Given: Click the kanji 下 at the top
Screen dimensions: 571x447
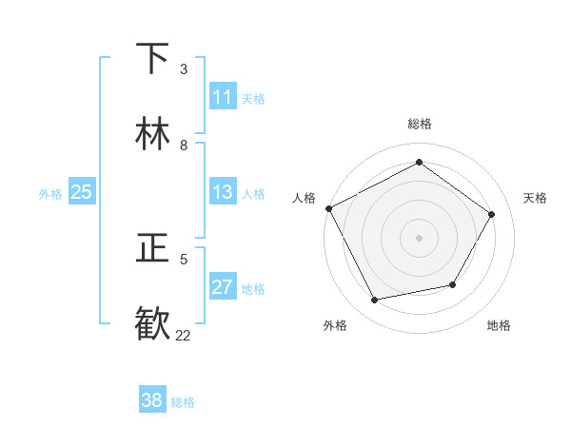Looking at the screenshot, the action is (153, 58).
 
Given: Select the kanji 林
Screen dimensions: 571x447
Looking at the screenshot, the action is (153, 134).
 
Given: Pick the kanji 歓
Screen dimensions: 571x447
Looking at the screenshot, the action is (153, 323).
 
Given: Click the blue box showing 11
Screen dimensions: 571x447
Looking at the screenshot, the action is (223, 97).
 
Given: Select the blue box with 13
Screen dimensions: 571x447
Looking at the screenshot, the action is (223, 192).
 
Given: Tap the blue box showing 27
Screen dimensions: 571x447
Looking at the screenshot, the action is (223, 287).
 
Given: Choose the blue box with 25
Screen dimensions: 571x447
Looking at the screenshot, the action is (81, 192).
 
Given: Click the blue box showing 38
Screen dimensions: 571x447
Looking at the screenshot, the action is (152, 400).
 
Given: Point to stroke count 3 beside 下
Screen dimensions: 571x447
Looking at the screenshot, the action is (184, 69).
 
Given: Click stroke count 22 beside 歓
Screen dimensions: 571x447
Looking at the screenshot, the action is (184, 335).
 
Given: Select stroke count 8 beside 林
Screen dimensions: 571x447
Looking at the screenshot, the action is (184, 146).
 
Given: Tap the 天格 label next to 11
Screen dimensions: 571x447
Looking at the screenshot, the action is (253, 98).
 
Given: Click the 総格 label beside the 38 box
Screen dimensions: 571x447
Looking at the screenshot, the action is (183, 402).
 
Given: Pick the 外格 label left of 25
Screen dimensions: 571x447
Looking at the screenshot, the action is (50, 194).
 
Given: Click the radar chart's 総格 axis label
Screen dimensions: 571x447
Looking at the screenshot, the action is (419, 124).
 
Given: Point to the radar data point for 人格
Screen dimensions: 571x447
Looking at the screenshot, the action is (328, 208).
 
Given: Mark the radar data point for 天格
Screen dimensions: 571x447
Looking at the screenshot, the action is (491, 214).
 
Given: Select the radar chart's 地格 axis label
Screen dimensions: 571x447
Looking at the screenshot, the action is (499, 325).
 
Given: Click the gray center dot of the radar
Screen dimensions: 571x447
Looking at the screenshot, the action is (419, 238).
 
